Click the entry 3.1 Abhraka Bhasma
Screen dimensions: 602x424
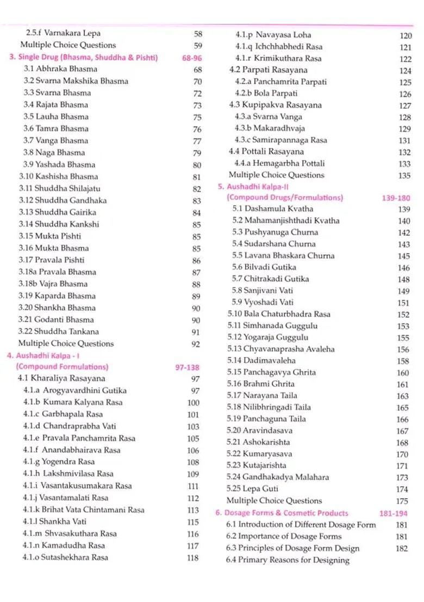(60, 69)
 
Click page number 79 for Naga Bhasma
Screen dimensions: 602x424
(197, 153)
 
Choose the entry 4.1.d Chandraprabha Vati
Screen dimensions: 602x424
(70, 427)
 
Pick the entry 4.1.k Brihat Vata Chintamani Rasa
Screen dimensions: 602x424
(84, 510)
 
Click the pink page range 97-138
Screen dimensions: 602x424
(187, 367)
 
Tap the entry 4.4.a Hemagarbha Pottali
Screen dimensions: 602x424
(279, 163)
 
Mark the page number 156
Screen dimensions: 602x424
(402, 349)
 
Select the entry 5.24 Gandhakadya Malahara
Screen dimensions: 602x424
(278, 477)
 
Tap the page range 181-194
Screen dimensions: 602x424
(393, 513)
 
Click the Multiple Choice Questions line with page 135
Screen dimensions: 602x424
(276, 175)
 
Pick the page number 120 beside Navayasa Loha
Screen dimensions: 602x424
(405, 35)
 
